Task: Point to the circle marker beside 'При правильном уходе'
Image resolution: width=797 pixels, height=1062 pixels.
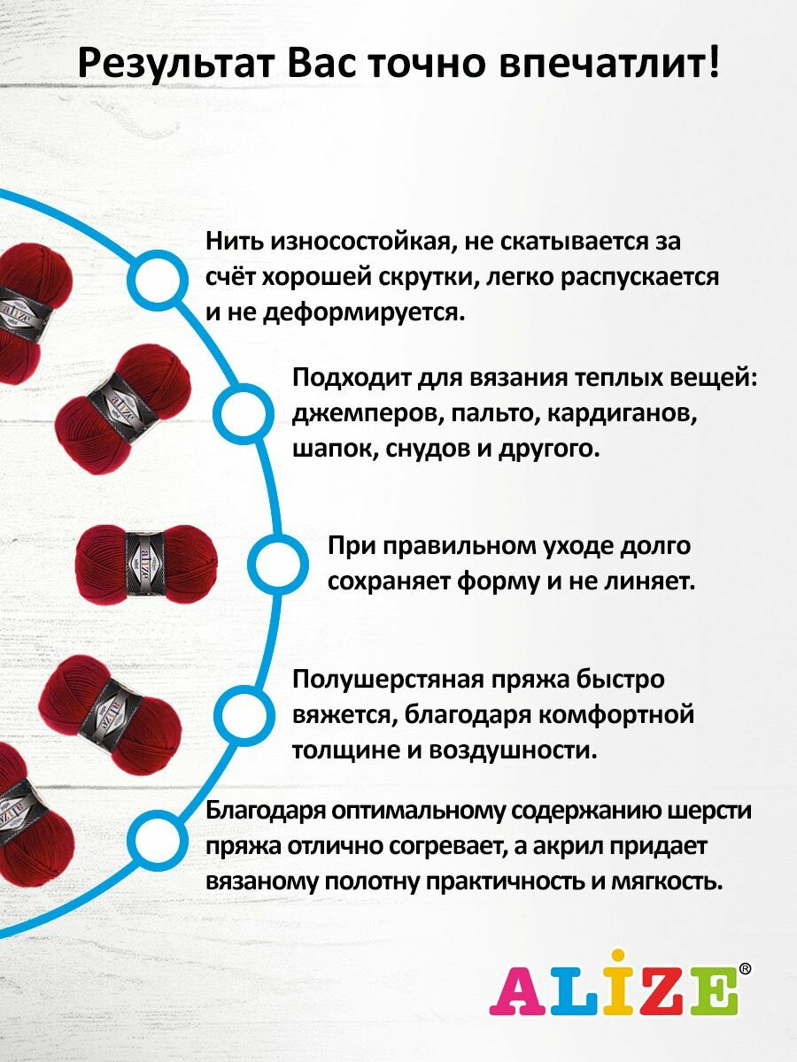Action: [x=277, y=564]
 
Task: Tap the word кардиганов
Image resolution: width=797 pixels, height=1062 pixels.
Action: [x=619, y=413]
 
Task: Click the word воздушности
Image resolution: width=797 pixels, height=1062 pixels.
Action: [x=512, y=750]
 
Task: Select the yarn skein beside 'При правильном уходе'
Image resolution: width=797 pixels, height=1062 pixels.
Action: [x=147, y=564]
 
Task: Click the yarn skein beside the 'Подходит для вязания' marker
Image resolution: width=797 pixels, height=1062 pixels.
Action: [x=124, y=399]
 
